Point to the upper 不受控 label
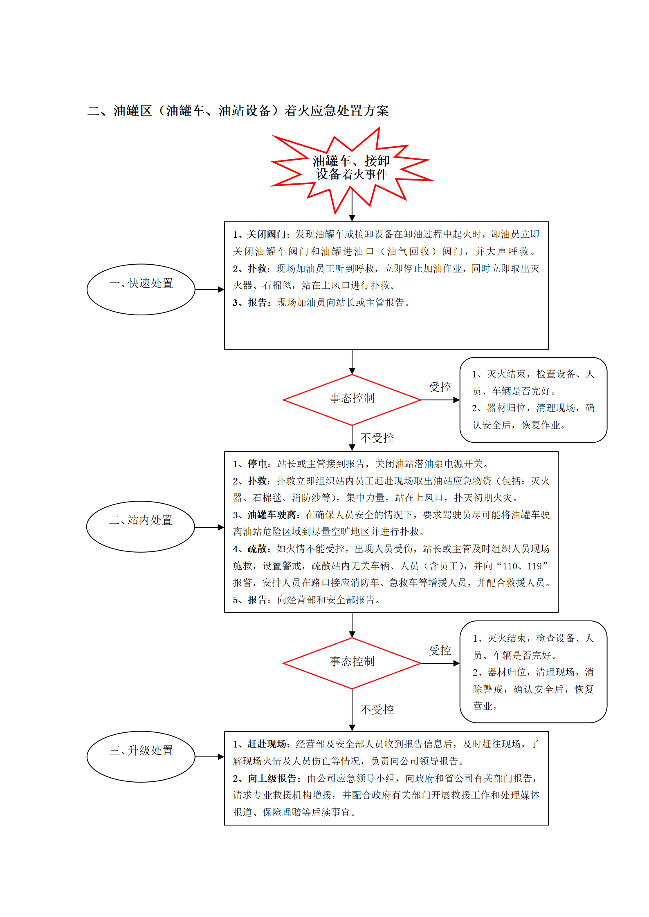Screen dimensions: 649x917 point(377,438)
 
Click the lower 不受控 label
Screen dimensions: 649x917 point(377,710)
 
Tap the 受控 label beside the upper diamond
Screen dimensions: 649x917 point(440,387)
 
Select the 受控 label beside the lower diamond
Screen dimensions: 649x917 point(440,650)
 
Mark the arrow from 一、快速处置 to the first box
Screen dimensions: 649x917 point(210,289)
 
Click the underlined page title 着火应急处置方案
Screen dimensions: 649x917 point(337,111)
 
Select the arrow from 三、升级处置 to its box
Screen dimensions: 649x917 point(210,756)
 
